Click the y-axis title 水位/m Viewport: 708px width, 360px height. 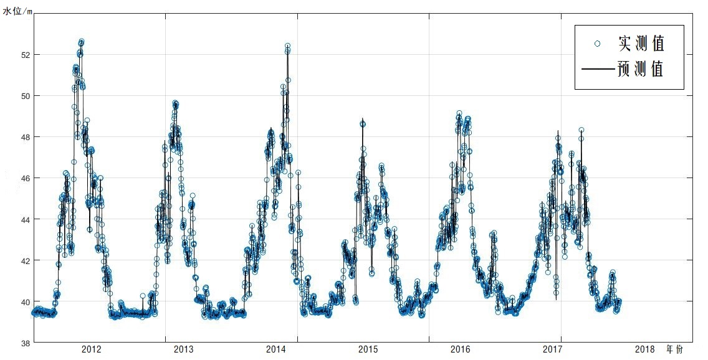[17, 7]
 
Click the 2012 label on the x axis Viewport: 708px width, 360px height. [92, 349]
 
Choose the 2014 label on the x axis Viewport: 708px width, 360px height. [276, 349]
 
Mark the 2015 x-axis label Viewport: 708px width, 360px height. [368, 349]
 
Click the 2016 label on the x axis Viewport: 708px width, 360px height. [461, 349]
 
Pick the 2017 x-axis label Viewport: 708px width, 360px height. [553, 349]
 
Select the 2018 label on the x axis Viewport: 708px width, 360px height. [645, 349]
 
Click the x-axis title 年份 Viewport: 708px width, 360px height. [674, 349]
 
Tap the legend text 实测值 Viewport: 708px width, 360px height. [641, 44]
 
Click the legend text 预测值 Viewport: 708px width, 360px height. [641, 69]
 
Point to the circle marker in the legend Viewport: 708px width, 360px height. [597, 44]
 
